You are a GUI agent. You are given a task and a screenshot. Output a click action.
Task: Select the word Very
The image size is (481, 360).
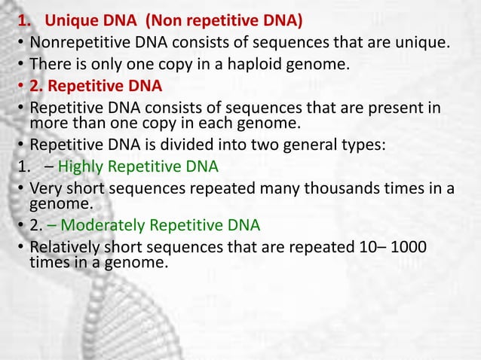pos(44,190)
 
